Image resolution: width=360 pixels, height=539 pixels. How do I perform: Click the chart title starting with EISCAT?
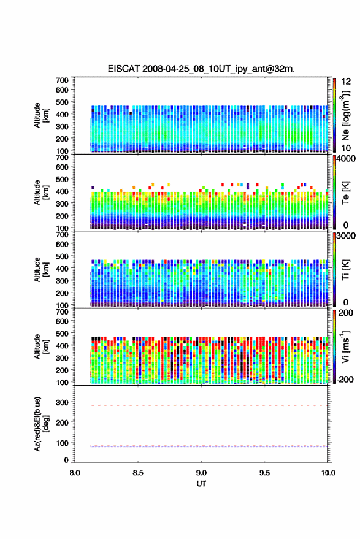click(x=201, y=69)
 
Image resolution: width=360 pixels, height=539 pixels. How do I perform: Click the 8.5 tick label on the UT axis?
click(x=138, y=473)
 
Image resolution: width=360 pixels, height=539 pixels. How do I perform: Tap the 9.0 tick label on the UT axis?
click(x=201, y=473)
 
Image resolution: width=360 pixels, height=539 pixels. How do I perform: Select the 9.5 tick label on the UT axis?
click(x=264, y=473)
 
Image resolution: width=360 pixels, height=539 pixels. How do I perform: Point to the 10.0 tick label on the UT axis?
click(x=328, y=473)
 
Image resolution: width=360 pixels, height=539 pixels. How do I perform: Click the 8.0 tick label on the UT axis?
click(x=75, y=473)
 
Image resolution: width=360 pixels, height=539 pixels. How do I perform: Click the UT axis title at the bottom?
click(x=201, y=484)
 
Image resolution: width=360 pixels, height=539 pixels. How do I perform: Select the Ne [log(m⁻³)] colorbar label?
click(x=345, y=115)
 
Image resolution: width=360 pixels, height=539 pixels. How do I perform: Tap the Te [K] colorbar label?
click(x=345, y=193)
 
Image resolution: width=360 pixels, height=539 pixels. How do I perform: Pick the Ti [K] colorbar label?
click(x=345, y=270)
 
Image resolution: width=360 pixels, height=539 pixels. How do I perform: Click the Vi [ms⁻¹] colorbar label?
click(x=345, y=346)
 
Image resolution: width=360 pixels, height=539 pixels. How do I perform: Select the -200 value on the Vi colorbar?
click(x=344, y=379)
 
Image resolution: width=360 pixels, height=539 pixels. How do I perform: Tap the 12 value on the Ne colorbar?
click(x=346, y=82)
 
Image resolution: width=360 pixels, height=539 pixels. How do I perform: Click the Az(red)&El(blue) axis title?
click(x=42, y=424)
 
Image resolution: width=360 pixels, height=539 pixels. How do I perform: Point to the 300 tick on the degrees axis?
click(x=62, y=402)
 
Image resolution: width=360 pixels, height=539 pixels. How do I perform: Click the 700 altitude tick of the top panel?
click(x=62, y=80)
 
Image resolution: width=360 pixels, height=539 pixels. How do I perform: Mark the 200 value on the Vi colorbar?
click(x=346, y=313)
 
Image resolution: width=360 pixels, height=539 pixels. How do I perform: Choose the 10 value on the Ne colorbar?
click(x=346, y=148)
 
